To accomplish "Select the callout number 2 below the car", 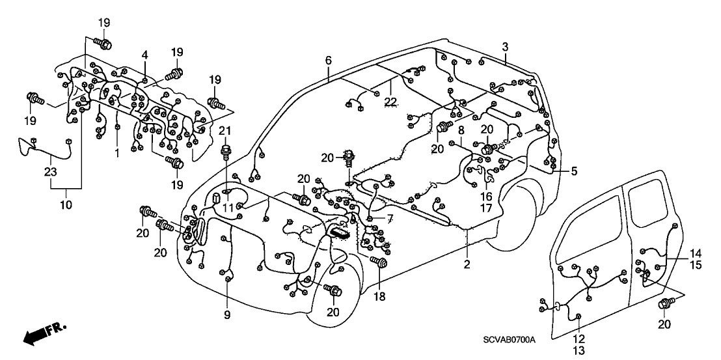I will click(x=467, y=264).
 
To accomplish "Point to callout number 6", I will click(x=329, y=61).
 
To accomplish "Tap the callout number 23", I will click(x=51, y=172).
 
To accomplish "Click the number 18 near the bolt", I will click(x=379, y=297).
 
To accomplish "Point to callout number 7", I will click(x=390, y=217).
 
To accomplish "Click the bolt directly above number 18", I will click(x=380, y=262).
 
